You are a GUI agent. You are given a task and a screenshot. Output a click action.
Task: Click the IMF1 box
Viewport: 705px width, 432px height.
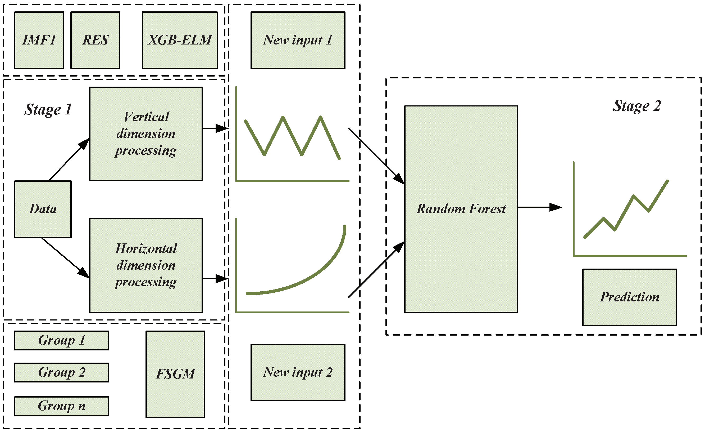39,40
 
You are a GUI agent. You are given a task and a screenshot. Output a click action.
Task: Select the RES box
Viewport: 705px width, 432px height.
95,40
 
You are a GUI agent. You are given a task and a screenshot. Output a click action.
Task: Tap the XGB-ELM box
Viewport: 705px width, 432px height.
180,40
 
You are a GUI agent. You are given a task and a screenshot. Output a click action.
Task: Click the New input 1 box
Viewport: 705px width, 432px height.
298,40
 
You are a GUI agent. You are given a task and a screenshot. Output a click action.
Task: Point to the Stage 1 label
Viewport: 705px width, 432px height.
48,110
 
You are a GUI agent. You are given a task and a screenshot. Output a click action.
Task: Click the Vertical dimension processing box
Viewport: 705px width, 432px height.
146,134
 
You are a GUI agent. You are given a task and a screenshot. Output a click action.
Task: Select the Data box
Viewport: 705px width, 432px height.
43,209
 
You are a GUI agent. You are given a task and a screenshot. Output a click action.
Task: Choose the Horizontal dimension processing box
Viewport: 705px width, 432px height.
146,266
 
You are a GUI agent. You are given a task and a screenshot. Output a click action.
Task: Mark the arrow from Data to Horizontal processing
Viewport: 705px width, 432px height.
65,257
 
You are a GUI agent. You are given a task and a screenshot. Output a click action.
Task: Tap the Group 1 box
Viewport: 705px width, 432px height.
62,340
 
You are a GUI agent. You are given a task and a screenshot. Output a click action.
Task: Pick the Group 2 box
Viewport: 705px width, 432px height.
62,372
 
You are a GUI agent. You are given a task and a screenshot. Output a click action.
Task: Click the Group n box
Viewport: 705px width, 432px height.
62,406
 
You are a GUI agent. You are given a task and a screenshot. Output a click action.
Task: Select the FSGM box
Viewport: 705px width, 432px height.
175,374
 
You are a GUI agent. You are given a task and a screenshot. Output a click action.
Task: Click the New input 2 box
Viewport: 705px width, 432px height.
298,372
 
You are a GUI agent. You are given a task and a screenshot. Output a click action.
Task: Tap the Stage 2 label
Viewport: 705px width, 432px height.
637,106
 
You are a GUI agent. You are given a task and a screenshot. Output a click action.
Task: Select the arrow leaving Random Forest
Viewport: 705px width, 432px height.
539,207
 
